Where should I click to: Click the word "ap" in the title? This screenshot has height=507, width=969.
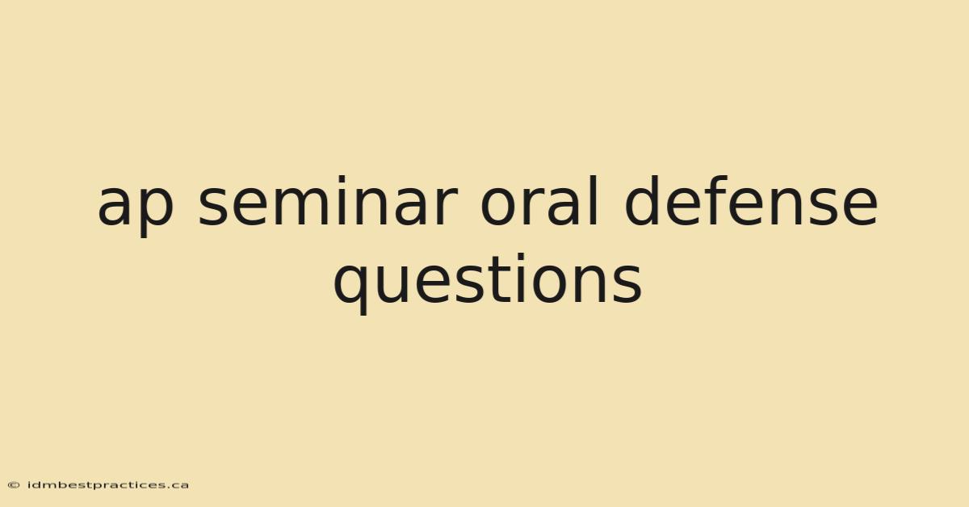click(x=136, y=206)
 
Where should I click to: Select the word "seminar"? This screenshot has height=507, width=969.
click(x=328, y=200)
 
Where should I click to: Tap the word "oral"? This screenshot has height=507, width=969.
click(x=539, y=200)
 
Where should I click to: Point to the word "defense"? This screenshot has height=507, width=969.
click(x=752, y=200)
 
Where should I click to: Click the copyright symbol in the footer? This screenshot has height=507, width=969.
click(x=14, y=485)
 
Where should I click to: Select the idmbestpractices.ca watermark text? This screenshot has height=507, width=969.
click(x=108, y=485)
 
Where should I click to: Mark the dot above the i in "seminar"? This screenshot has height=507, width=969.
click(x=342, y=179)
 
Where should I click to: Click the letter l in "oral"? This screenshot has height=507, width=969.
click(x=595, y=200)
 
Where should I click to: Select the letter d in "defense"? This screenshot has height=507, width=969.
click(x=643, y=201)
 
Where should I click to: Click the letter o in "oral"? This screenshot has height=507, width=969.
click(x=498, y=207)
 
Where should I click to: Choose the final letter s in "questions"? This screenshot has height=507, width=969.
click(x=628, y=284)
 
